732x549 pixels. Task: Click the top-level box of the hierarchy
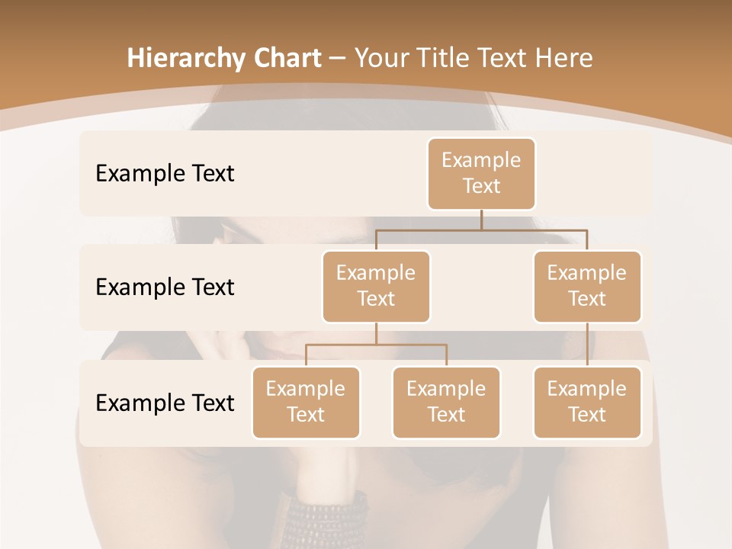481,173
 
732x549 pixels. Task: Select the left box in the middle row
376,286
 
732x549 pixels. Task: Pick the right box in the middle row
587,286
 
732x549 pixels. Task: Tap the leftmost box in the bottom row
306,402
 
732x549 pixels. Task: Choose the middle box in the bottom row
446,402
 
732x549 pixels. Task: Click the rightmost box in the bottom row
587,402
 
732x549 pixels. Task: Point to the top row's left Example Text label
165,173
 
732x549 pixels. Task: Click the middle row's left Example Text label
165,287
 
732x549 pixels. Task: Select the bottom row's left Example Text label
165,403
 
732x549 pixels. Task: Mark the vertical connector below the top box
481,219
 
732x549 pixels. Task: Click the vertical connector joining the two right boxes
587,345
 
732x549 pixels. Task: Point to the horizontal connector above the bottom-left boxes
376,345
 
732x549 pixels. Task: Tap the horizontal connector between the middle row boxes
481,229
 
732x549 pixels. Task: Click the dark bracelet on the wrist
324,518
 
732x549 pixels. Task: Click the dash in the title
338,58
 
